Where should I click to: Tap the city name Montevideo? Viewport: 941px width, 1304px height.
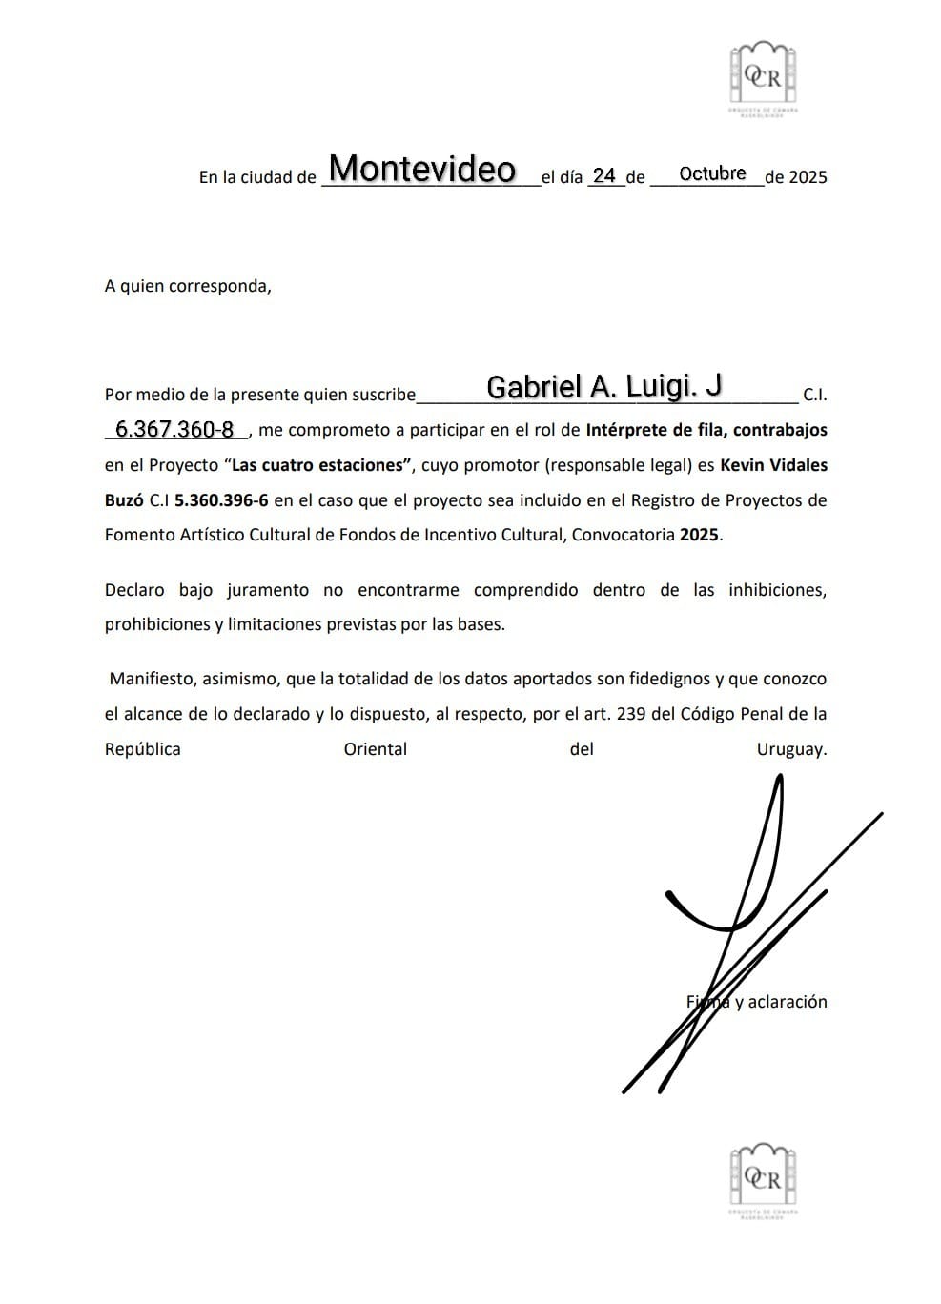422,170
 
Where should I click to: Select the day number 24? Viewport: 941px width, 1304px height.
603,175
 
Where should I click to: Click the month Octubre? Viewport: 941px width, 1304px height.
712,173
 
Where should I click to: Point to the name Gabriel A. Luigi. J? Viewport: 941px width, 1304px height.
603,386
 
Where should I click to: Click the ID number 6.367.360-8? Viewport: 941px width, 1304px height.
174,430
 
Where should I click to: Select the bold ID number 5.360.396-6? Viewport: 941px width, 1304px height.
221,499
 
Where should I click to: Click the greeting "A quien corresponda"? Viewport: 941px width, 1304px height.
188,285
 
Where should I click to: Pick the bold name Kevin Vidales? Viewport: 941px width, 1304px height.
773,465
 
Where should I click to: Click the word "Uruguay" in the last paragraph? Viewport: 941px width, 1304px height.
791,749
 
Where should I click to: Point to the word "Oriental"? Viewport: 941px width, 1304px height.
375,749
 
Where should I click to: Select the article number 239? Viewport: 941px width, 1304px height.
631,714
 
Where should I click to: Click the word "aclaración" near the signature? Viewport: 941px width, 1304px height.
788,1002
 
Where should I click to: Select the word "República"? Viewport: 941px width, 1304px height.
142,749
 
